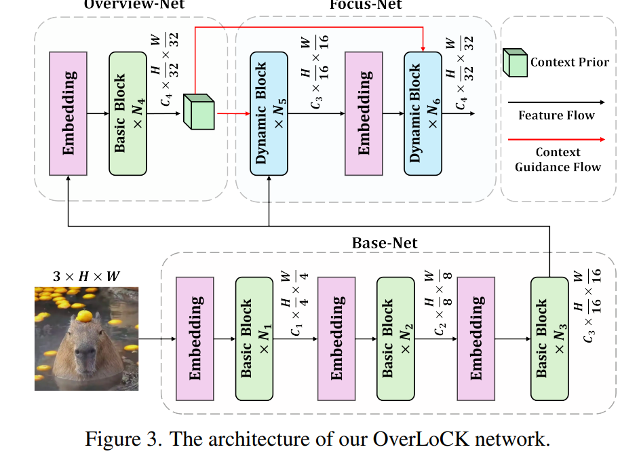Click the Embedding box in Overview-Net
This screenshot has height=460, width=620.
tap(69, 113)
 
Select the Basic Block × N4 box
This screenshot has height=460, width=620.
tap(128, 113)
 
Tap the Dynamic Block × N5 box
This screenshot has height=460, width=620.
tap(269, 113)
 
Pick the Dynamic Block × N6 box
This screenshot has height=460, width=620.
tap(423, 113)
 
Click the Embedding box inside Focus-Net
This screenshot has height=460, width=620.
tap(364, 113)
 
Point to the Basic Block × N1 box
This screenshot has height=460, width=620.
tap(254, 338)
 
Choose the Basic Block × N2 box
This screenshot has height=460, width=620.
tap(395, 338)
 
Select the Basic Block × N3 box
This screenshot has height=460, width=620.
tap(549, 338)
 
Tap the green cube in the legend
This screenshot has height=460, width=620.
tap(514, 62)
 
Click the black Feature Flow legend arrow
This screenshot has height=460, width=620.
tap(556, 102)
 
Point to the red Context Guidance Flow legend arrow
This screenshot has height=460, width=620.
tap(556, 139)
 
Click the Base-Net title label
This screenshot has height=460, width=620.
tap(385, 242)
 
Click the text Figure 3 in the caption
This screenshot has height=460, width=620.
tap(123, 439)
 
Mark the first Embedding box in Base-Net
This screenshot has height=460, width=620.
tap(195, 338)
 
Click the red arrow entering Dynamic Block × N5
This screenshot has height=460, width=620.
tap(233, 113)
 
